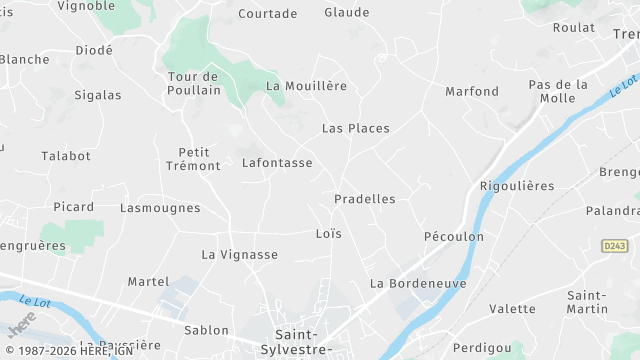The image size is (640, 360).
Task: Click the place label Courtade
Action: coord(267,14)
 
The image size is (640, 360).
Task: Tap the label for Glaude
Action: coord(346,13)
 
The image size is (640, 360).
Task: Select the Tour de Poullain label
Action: coord(194,84)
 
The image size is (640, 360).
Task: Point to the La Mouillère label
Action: coord(306,86)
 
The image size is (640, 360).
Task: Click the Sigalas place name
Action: coord(98,96)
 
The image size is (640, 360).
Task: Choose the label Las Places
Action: coord(355,129)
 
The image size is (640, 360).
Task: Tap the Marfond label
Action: coord(472,92)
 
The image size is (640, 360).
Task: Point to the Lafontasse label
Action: coord(277,163)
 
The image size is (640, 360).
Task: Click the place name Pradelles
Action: coord(364,199)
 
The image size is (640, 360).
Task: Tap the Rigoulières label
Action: coord(517,187)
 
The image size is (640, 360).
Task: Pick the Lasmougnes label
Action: coord(160,209)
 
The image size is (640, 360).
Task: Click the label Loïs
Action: coord(328,234)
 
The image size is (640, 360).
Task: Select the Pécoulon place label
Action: coord(454,237)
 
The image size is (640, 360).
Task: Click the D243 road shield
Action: coord(614,246)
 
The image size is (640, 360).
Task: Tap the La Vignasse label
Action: coord(240,255)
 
